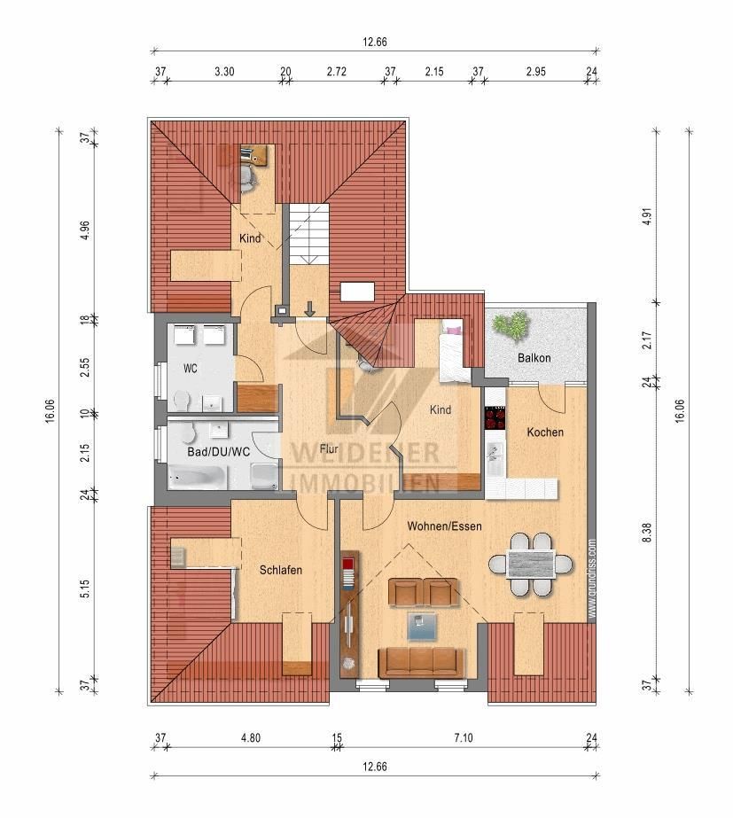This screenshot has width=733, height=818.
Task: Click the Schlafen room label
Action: click(281, 570)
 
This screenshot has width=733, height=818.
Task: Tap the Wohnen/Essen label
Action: click(444, 526)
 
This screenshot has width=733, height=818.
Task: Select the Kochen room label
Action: click(544, 432)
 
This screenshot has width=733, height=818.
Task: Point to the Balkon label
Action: click(534, 358)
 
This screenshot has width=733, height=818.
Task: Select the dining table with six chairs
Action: click(530, 564)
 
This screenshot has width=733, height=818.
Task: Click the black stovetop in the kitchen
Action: click(493, 417)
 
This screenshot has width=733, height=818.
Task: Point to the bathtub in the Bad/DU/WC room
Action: click(198, 479)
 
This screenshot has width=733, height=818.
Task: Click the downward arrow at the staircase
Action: click(309, 309)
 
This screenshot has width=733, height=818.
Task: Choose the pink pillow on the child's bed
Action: click(454, 330)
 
